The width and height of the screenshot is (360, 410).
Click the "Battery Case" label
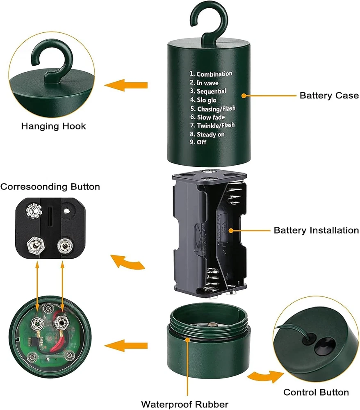(329, 96)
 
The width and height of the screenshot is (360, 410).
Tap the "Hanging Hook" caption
(53, 126)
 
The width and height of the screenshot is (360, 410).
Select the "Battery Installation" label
(316, 230)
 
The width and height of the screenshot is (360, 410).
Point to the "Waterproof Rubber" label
(185, 404)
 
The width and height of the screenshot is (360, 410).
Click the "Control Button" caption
(316, 392)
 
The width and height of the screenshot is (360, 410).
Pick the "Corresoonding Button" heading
(50, 187)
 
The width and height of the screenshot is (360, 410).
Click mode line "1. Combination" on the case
(211, 74)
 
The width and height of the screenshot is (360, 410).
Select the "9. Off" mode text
(198, 142)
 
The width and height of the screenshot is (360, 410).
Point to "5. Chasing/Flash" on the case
(213, 109)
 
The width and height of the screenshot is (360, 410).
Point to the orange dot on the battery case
(244, 96)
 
